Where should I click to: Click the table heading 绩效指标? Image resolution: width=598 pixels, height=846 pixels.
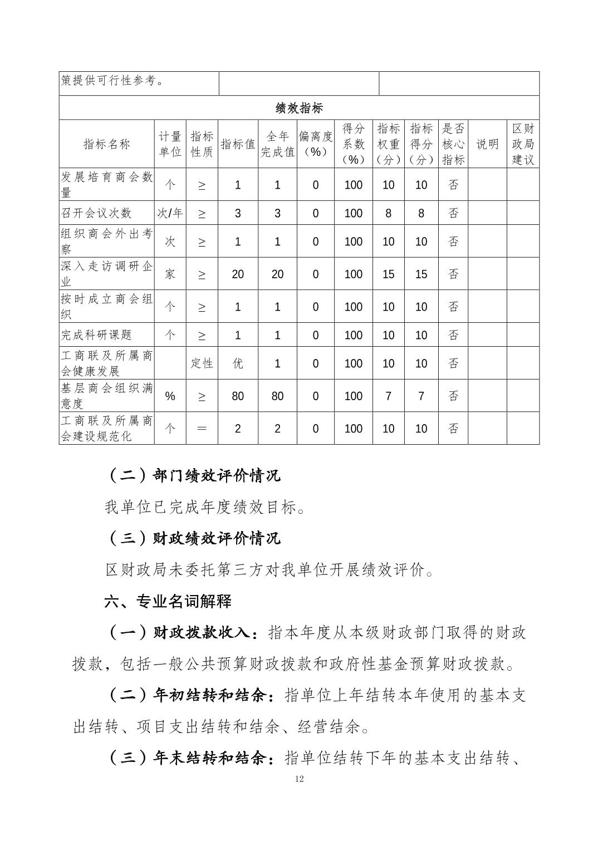[299, 107]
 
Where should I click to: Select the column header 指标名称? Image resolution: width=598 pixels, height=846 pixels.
[107, 144]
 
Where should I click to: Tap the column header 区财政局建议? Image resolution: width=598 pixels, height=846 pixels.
[523, 144]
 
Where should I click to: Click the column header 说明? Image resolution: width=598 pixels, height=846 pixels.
[487, 144]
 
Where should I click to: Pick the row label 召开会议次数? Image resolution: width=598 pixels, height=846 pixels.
[96, 213]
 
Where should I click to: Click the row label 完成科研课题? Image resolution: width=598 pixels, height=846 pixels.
[96, 335]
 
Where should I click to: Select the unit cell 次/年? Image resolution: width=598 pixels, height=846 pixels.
[170, 213]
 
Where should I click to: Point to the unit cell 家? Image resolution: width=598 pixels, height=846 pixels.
[170, 274]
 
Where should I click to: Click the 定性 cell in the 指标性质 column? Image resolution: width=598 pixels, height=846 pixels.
[202, 363]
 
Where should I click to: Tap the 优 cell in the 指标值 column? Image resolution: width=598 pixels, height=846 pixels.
[238, 363]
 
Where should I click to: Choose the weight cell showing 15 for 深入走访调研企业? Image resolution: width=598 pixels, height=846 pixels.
[388, 274]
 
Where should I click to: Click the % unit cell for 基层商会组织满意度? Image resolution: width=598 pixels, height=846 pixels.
[170, 396]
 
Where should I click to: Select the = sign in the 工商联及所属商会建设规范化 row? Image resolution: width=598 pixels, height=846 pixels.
[202, 429]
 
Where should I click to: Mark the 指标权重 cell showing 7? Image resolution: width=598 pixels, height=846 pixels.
[388, 396]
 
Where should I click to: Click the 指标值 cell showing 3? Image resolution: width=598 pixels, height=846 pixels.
[238, 213]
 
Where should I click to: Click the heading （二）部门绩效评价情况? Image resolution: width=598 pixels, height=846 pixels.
[193, 475]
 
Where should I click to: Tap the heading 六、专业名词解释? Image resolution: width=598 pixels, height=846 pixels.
[168, 601]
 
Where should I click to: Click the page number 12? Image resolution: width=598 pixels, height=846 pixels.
[300, 779]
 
